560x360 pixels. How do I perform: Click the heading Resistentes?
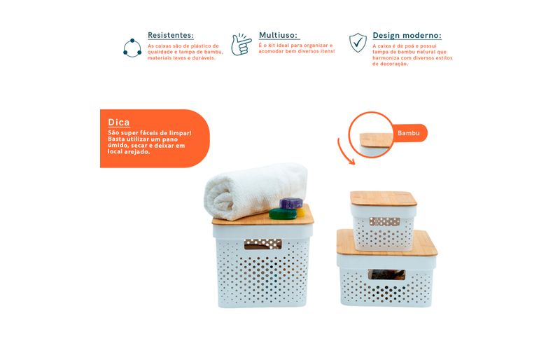171,35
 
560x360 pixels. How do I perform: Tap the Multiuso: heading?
278,35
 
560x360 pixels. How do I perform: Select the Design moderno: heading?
407,36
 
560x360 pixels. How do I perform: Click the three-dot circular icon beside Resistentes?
132,48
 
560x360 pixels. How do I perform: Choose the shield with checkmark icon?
358,43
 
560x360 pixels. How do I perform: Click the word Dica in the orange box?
119,123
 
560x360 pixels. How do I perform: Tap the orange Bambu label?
409,133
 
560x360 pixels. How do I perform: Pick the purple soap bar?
291,203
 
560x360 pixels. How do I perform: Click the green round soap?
283,214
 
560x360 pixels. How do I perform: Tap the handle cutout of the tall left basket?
263,244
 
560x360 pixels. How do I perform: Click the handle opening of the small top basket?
384,221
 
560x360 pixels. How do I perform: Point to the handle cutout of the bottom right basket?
386,275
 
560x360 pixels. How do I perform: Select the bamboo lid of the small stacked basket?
383,198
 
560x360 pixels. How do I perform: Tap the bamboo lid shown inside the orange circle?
377,140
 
